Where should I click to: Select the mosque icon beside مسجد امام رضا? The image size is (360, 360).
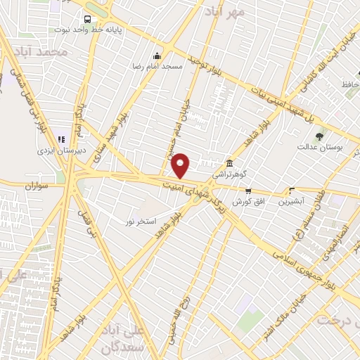[157, 55]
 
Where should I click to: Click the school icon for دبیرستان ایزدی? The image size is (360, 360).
[61, 139]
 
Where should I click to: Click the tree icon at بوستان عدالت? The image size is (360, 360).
[320, 136]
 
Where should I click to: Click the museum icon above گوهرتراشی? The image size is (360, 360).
[229, 160]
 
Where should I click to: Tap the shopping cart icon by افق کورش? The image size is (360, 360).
[247, 191]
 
